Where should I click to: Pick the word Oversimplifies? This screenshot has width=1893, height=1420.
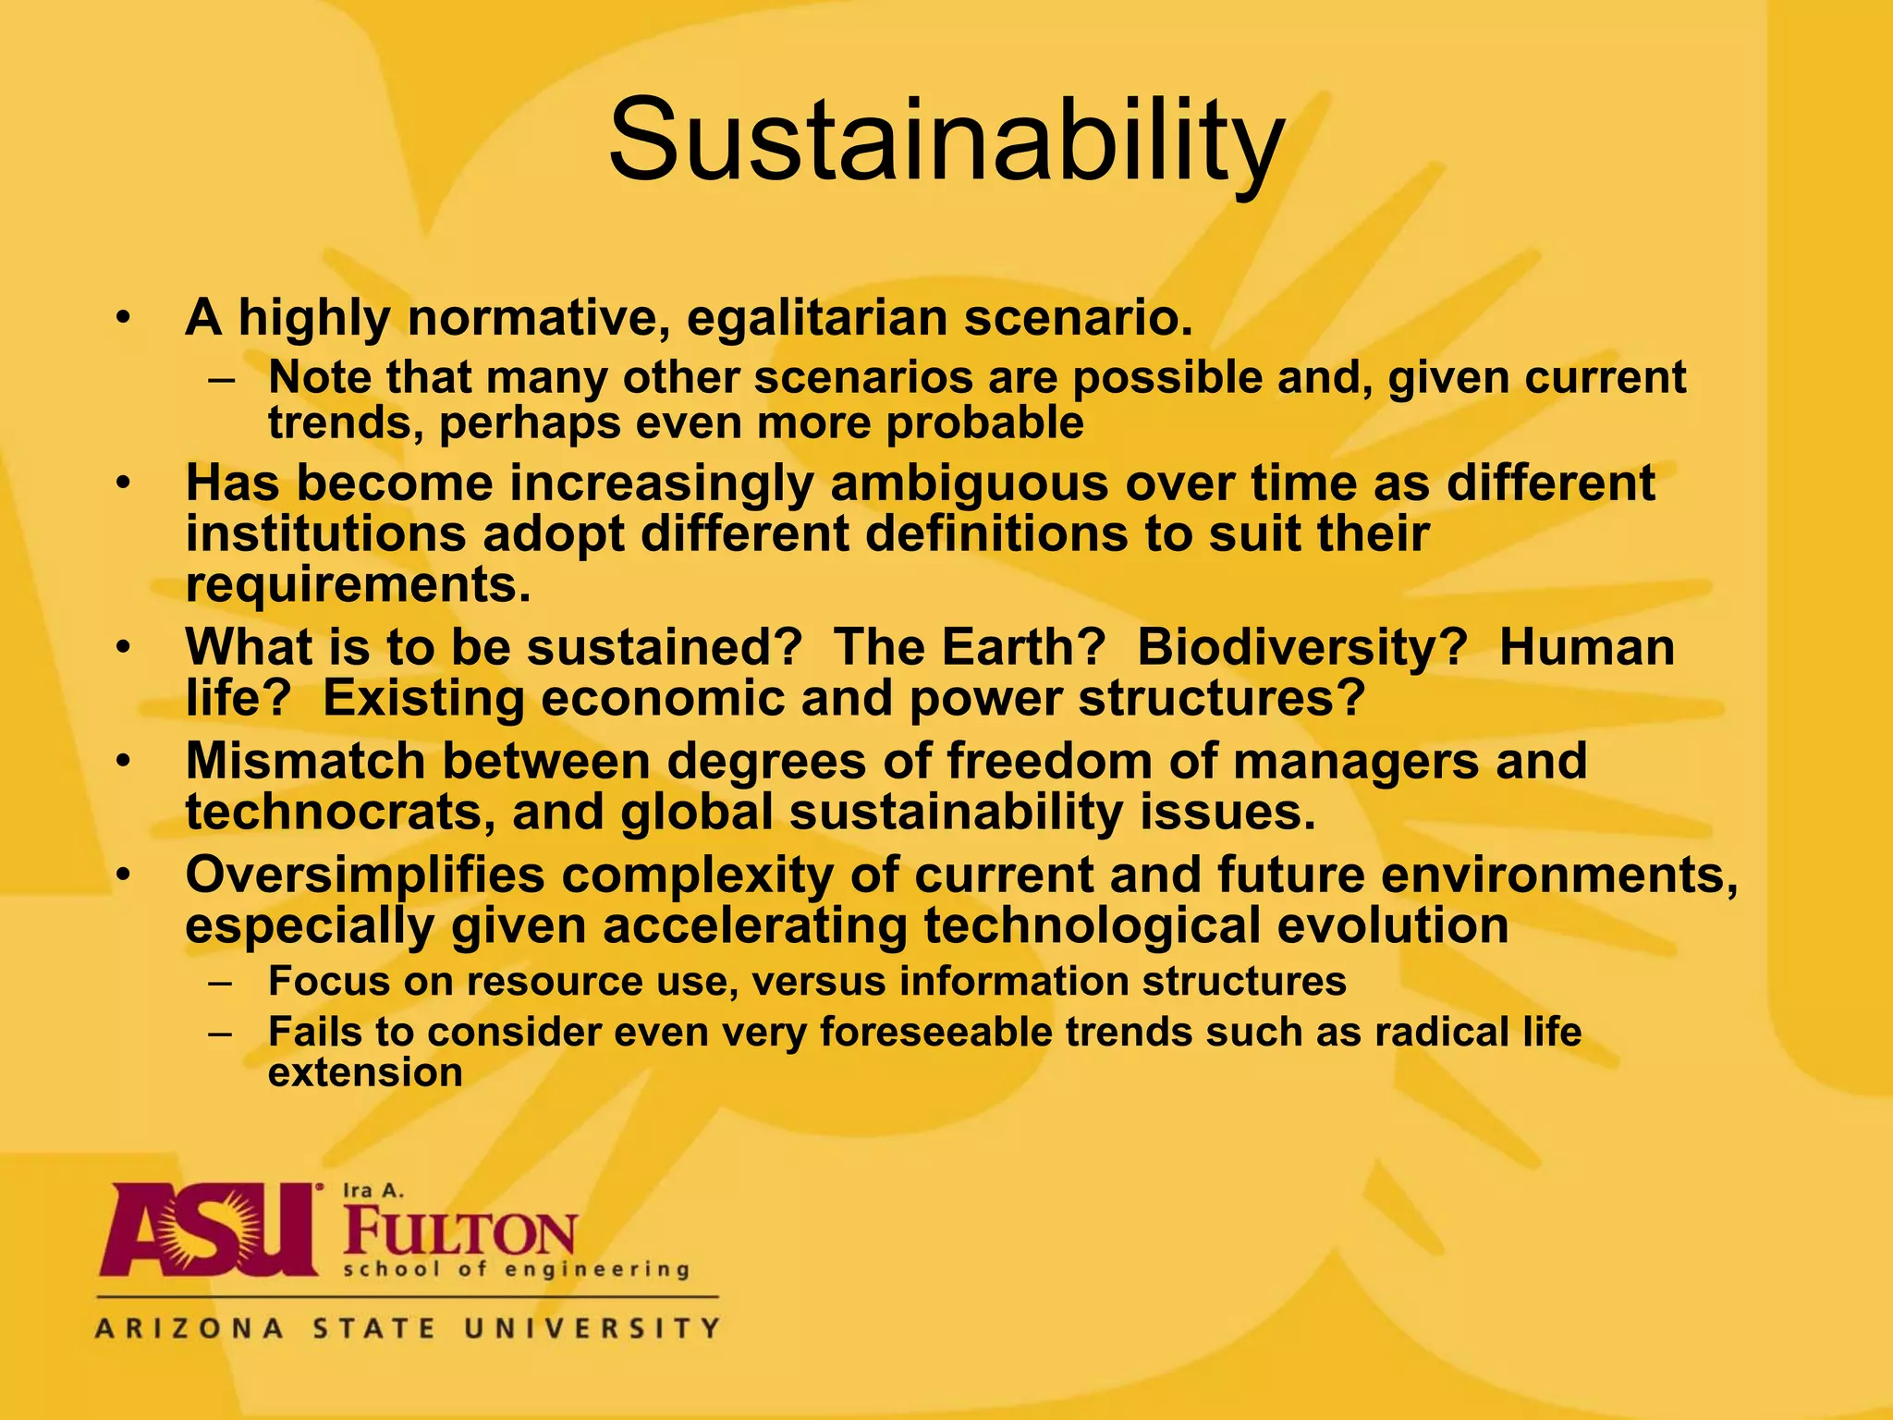(365, 875)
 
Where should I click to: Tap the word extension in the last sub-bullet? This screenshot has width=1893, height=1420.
(365, 1073)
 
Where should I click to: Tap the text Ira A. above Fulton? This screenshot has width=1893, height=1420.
(373, 1191)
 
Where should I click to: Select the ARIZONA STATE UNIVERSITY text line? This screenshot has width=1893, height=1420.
(407, 1328)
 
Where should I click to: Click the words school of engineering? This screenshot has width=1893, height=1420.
(516, 1270)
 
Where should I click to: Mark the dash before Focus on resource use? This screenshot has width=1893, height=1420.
(221, 983)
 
